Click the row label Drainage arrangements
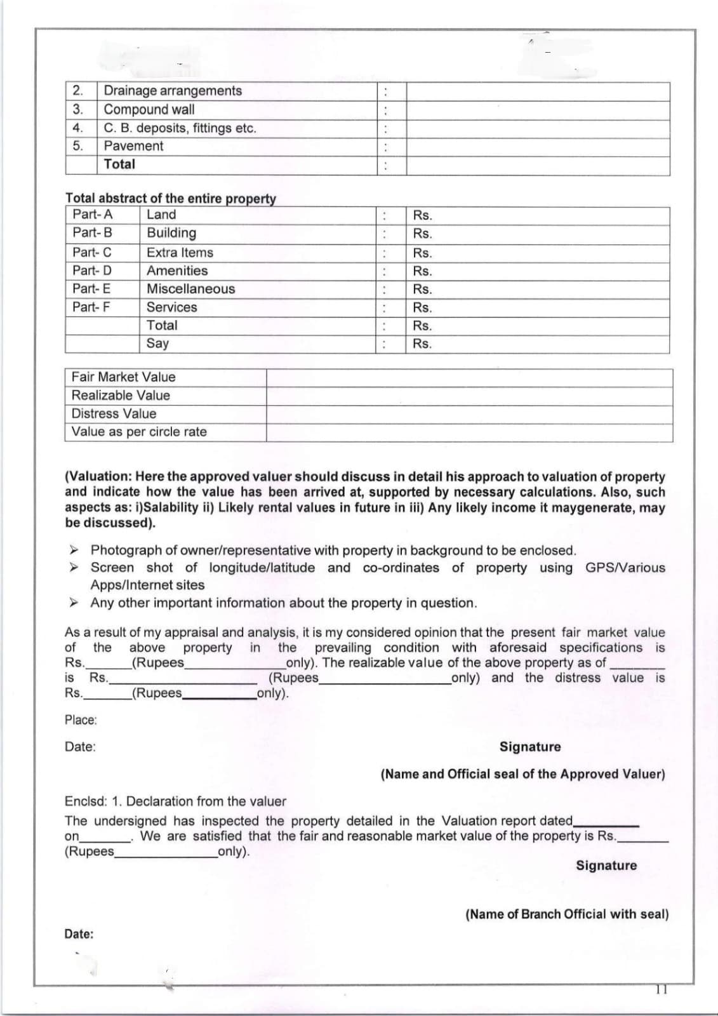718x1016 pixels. pyautogui.click(x=173, y=91)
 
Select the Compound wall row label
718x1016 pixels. pyautogui.click(x=149, y=109)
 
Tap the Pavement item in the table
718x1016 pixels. pyautogui.click(x=133, y=146)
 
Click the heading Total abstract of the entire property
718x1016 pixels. pyautogui.click(x=170, y=199)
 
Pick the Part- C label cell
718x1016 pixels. pyautogui.click(x=92, y=252)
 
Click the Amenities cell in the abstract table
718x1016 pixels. pyautogui.click(x=177, y=271)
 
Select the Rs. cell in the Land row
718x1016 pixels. pyautogui.click(x=422, y=215)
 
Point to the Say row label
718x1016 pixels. pyautogui.click(x=157, y=344)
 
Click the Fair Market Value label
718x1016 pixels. pyautogui.click(x=123, y=377)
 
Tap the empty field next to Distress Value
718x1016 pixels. pyautogui.click(x=469, y=414)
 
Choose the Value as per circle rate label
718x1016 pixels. pyautogui.click(x=139, y=432)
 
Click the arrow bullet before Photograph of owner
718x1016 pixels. pyautogui.click(x=74, y=549)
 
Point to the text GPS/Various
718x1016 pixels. pyautogui.click(x=625, y=568)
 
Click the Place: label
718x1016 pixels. pyautogui.click(x=81, y=720)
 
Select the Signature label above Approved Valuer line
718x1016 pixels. pyautogui.click(x=530, y=747)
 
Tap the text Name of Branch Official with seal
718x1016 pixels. pyautogui.click(x=567, y=914)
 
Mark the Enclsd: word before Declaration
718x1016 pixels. pyautogui.click(x=84, y=801)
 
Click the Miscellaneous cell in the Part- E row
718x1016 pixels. pyautogui.click(x=190, y=289)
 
